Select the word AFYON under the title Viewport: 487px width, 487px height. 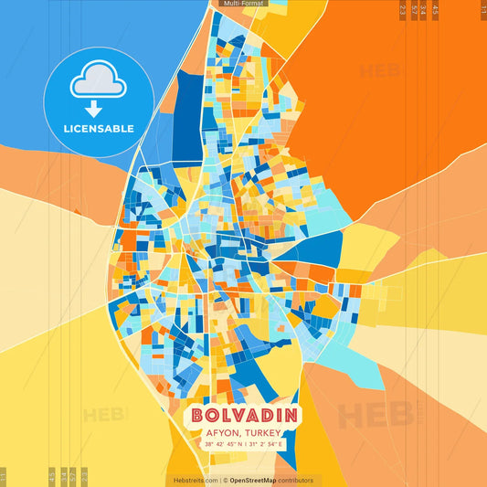click(x=221, y=433)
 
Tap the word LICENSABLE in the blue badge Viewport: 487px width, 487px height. click(x=100, y=129)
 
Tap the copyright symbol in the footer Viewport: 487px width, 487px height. click(x=225, y=480)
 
